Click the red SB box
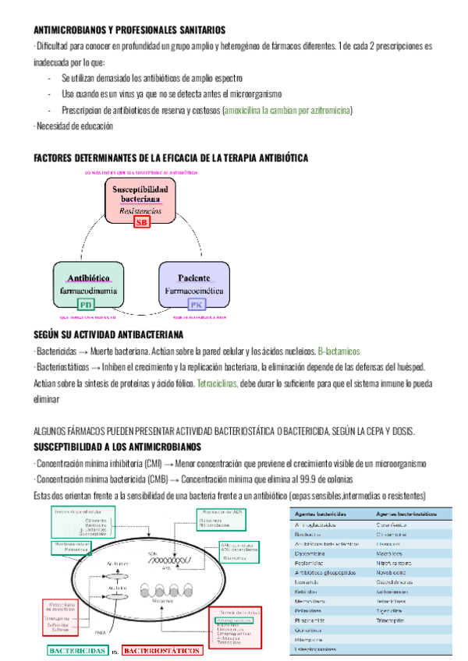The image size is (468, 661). click(141, 223)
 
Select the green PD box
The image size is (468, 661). click(87, 305)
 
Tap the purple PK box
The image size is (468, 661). click(197, 305)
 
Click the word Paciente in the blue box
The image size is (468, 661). click(194, 278)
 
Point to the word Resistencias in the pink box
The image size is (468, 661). click(141, 210)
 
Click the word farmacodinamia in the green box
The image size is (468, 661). click(89, 291)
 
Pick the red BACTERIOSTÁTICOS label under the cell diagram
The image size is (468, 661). click(162, 649)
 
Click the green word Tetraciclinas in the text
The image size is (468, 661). click(217, 384)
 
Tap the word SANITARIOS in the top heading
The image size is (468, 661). click(195, 30)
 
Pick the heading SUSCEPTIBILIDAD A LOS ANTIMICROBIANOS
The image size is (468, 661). click(118, 447)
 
